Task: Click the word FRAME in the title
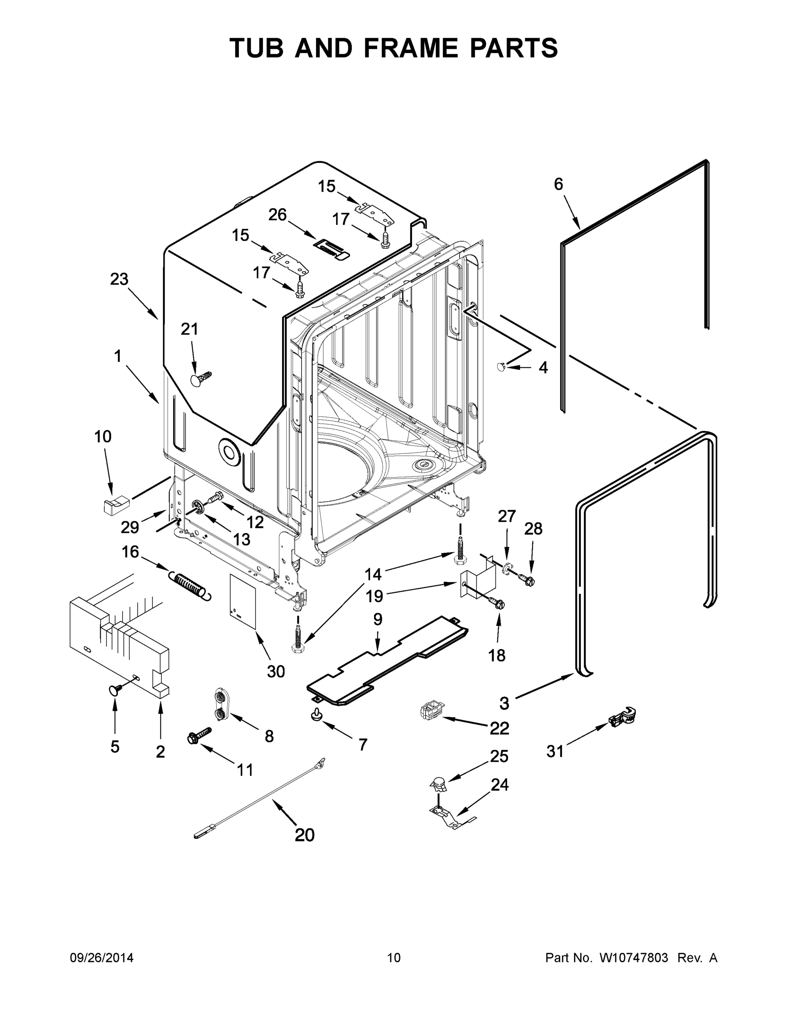[410, 48]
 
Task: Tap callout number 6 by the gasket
[558, 184]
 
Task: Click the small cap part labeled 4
[501, 367]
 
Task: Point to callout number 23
[119, 279]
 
